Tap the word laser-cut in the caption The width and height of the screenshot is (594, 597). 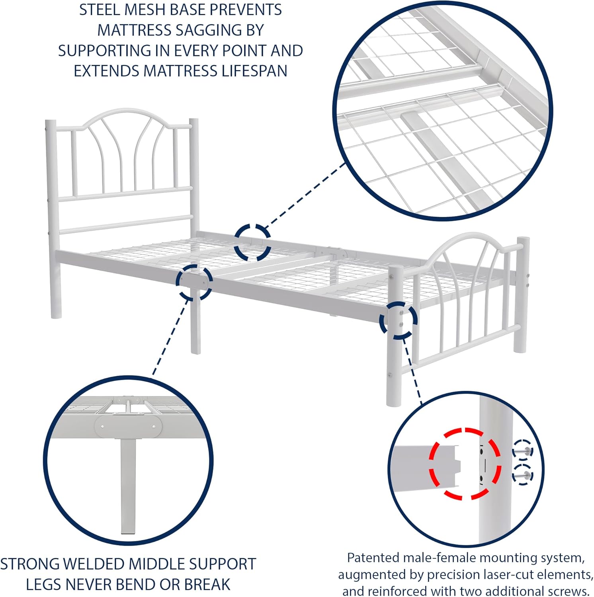(502, 575)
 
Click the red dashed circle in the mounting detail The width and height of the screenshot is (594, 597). (465, 464)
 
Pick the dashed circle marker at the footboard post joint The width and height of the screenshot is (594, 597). (398, 320)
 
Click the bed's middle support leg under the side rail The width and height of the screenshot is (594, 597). (195, 326)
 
